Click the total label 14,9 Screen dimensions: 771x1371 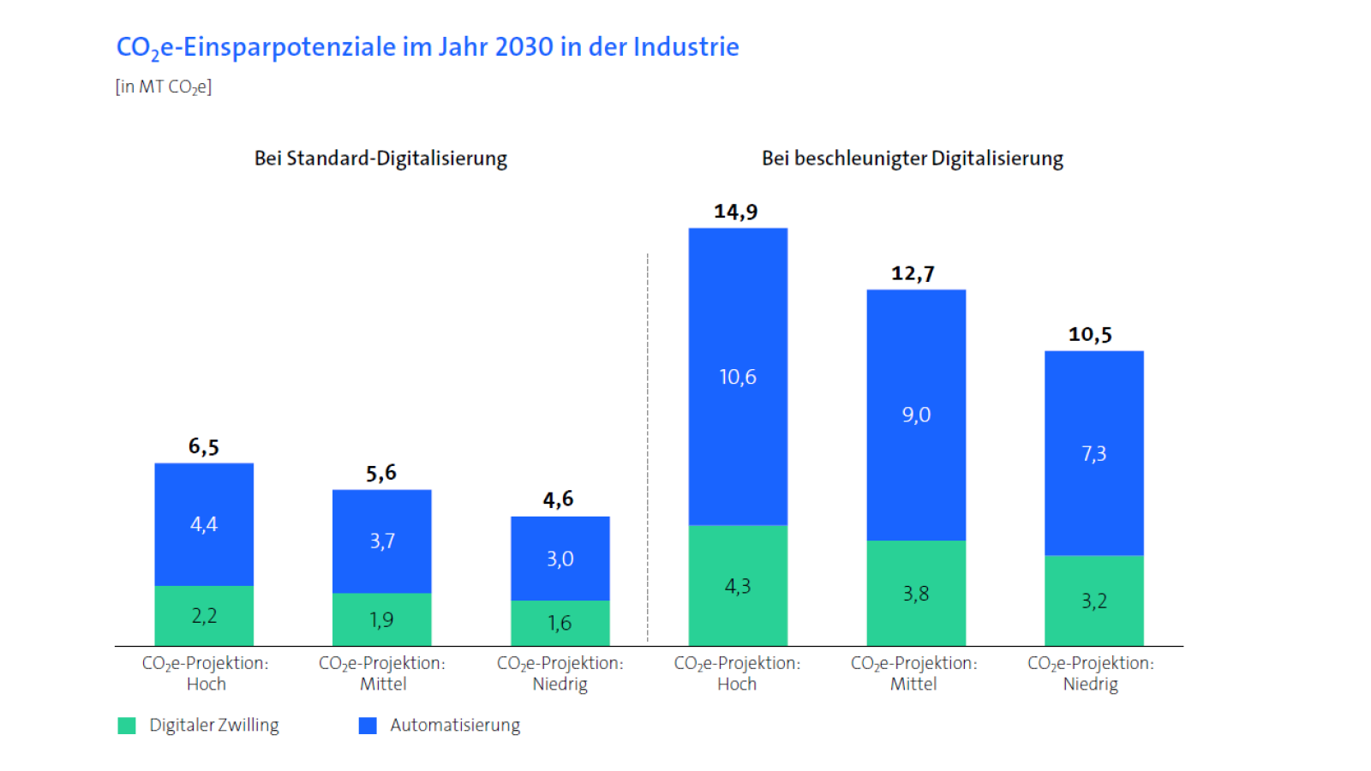[736, 212]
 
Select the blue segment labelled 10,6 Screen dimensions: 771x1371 [738, 377]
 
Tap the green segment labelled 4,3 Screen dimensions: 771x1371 [738, 586]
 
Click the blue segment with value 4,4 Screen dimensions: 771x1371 [204, 524]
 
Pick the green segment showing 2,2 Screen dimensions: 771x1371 [204, 616]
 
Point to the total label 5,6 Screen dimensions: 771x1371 [381, 473]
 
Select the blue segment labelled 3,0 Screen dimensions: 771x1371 [560, 559]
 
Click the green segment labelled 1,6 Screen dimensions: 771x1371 [560, 623]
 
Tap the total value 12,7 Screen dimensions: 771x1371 [913, 274]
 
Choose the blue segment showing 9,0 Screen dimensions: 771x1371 [916, 415]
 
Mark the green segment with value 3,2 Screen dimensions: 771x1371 [1094, 601]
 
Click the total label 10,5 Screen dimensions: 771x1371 [1090, 335]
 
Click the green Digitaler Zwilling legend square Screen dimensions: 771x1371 [127, 726]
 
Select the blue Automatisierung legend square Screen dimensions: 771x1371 [368, 726]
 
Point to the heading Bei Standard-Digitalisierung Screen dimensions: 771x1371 [380, 158]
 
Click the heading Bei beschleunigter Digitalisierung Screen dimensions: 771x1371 [913, 158]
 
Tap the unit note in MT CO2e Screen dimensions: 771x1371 [164, 87]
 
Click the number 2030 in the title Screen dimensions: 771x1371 [524, 47]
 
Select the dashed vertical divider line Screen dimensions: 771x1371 [648, 445]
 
